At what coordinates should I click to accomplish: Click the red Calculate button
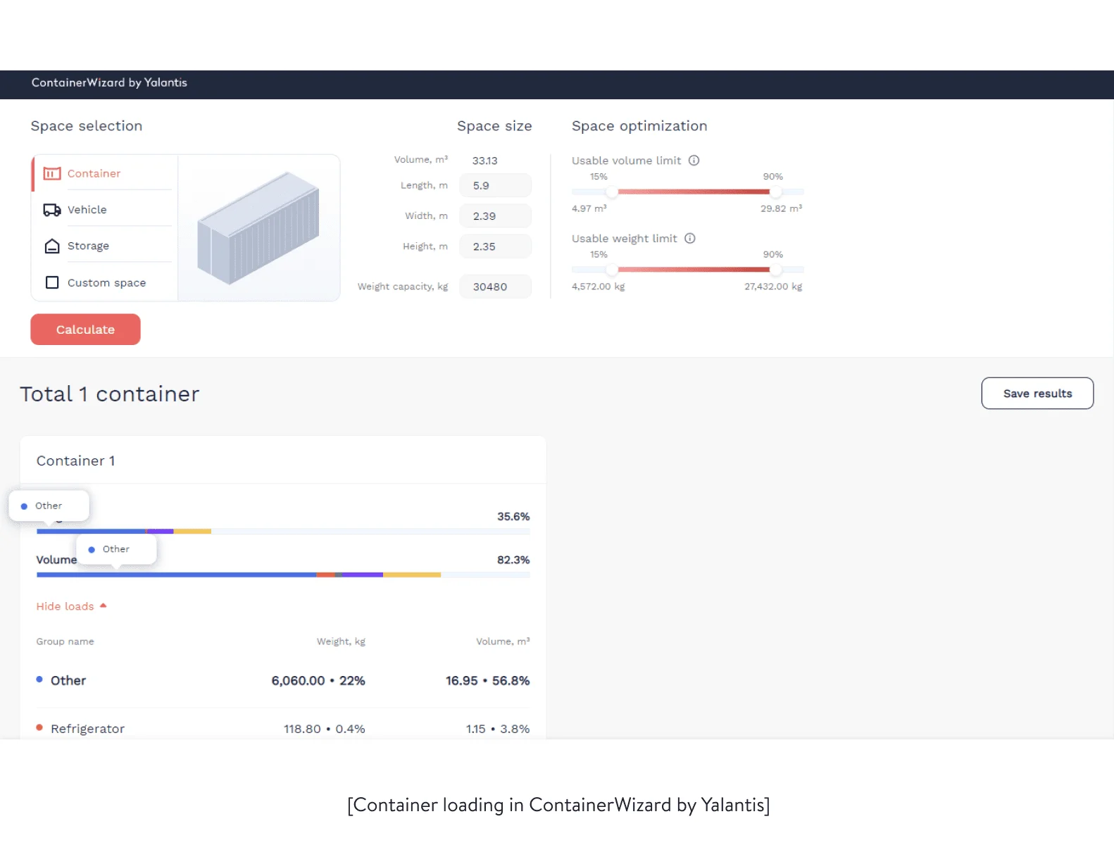click(x=85, y=330)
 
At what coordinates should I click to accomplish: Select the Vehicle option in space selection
click(x=87, y=210)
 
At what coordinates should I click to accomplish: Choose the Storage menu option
click(x=88, y=246)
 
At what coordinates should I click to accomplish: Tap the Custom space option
click(x=106, y=282)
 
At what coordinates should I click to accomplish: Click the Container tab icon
click(x=52, y=173)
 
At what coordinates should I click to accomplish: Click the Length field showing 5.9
click(x=495, y=186)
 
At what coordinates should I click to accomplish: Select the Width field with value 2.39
click(x=495, y=216)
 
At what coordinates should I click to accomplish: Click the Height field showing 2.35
click(x=495, y=246)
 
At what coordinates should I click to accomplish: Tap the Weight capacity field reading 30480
click(x=495, y=287)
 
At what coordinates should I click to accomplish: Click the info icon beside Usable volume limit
click(x=694, y=161)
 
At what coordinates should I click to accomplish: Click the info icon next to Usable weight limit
click(x=690, y=239)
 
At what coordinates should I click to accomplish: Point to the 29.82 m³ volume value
click(x=781, y=208)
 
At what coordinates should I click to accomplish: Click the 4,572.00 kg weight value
click(x=598, y=287)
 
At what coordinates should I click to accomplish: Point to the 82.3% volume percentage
click(x=513, y=560)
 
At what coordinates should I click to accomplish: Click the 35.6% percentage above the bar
click(x=513, y=517)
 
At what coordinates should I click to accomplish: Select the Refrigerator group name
click(x=87, y=729)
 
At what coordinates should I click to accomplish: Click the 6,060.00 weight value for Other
click(x=298, y=681)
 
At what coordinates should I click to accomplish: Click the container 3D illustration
click(x=258, y=227)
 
